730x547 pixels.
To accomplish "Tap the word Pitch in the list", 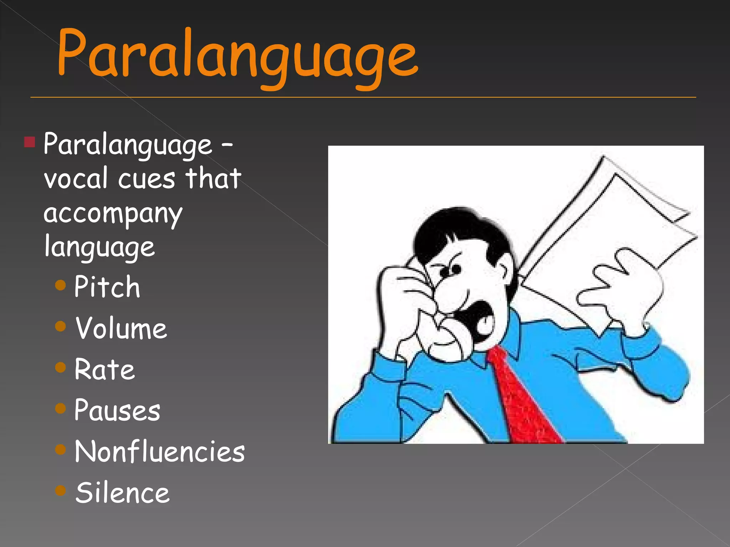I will pos(107,287).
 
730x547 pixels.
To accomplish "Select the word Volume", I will pos(121,328).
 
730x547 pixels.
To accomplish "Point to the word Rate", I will pos(104,369).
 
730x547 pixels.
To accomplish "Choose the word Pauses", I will pos(117,410).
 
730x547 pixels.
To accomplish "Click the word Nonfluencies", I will pos(160,452).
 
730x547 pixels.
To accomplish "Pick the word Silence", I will pos(122,493).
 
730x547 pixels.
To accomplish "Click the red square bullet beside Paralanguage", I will pos(30,142).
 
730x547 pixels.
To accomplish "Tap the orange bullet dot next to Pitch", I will pos(61,285).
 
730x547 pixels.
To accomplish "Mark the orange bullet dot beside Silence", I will pos(61,491).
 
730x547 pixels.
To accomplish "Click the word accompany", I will pos(113,214).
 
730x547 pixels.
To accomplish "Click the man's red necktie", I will pos(524,399).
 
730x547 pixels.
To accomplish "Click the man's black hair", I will pos(460,231).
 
